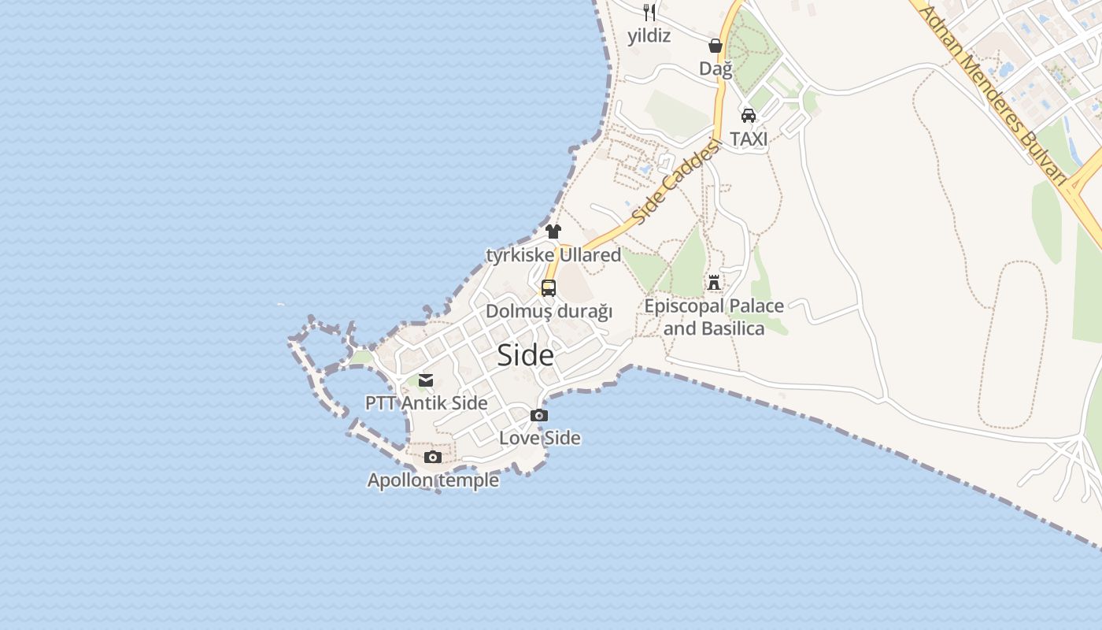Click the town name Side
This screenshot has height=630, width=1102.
[525, 356]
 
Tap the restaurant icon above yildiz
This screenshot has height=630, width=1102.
[649, 12]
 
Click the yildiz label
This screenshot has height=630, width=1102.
[649, 35]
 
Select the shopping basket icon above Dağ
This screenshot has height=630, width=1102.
[716, 46]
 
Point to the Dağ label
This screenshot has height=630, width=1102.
[716, 69]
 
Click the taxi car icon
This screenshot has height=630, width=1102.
[749, 116]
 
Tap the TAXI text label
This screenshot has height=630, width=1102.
[749, 139]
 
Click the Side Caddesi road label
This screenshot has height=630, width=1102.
[676, 182]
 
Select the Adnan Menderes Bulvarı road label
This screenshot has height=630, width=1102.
[993, 94]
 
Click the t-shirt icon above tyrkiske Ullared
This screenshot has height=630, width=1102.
[553, 232]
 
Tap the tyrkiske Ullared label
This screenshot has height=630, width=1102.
[553, 255]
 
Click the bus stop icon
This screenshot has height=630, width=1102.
[549, 288]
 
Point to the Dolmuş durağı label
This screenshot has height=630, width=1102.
[549, 312]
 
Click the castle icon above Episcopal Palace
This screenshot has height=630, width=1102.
[714, 282]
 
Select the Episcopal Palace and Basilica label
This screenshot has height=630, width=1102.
[714, 317]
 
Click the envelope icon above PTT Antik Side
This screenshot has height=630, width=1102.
[426, 380]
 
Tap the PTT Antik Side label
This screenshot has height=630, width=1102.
[426, 403]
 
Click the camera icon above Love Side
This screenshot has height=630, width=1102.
[539, 415]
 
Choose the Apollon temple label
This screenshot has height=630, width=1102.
[433, 480]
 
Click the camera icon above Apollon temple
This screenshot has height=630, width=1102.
[433, 458]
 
